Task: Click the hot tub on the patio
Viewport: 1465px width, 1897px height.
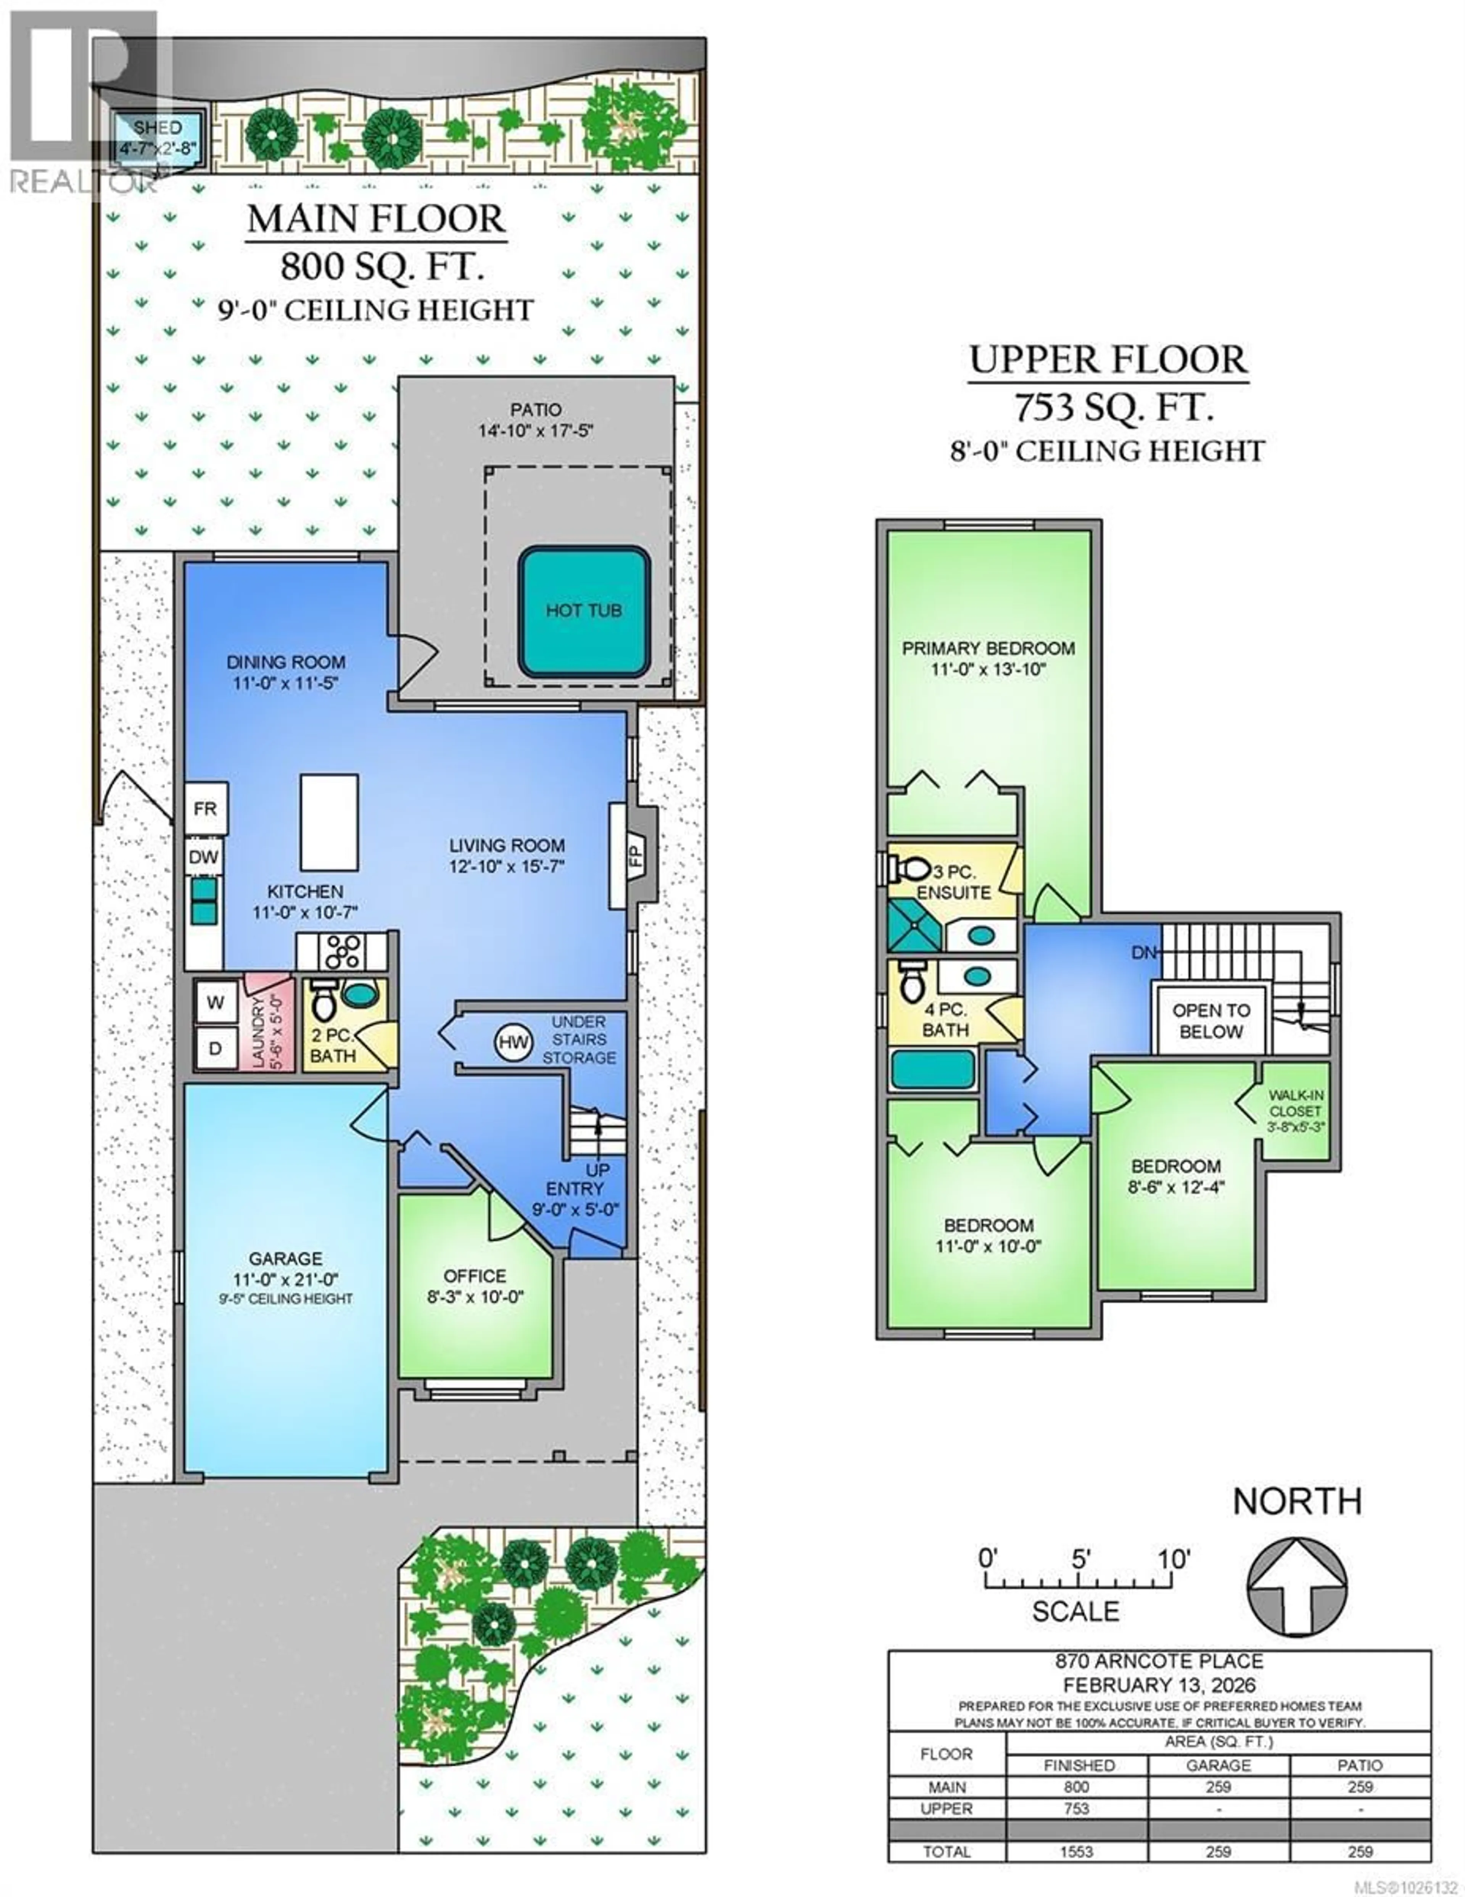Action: click(584, 611)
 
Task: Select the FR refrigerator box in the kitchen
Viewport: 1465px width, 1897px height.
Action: click(206, 809)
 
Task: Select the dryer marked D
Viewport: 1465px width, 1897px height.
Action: click(216, 1048)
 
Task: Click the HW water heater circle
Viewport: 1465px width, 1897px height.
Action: click(513, 1042)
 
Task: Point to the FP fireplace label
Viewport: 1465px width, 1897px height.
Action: click(635, 856)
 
